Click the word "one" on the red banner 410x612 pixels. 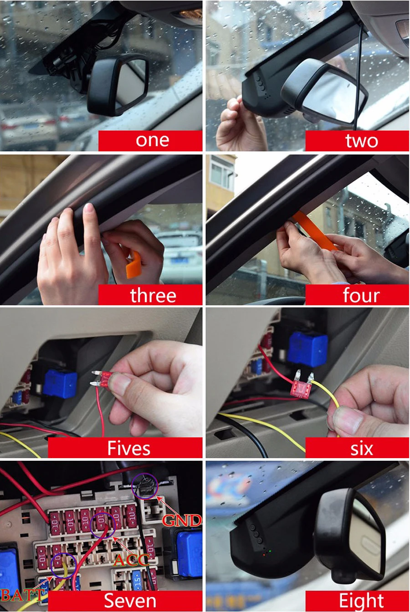click(x=152, y=140)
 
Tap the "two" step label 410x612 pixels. click(x=362, y=140)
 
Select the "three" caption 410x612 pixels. click(x=153, y=295)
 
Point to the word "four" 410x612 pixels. click(x=361, y=295)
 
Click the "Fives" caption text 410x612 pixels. click(x=129, y=449)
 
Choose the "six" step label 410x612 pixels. click(x=362, y=449)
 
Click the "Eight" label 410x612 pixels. click(x=361, y=601)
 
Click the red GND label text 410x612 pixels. click(x=181, y=520)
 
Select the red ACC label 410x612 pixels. click(x=132, y=560)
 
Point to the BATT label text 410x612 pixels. click(x=22, y=595)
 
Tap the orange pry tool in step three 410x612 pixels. click(x=133, y=265)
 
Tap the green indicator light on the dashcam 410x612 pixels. click(x=270, y=551)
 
